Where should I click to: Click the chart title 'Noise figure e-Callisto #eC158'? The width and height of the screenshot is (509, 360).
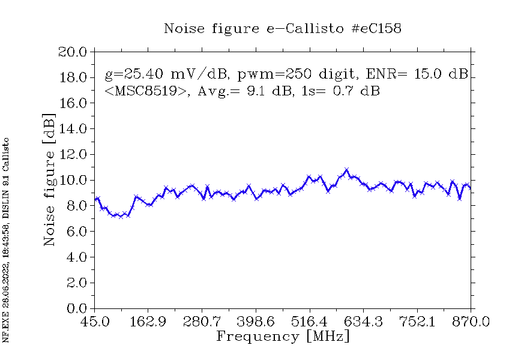pos(282,28)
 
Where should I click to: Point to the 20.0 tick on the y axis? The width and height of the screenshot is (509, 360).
pos(73,52)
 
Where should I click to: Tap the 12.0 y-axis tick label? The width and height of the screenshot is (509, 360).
pos(73,155)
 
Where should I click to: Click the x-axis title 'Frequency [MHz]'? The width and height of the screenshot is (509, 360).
pos(283,336)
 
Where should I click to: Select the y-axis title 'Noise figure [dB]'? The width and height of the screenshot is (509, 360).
pos(49,179)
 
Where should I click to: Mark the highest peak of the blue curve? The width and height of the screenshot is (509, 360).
pos(346,170)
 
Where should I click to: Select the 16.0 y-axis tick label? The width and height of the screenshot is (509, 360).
pos(73,103)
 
